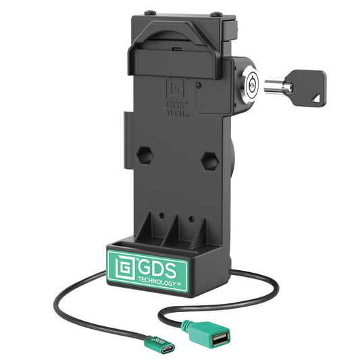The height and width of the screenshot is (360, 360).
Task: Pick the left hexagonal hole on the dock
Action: (145, 154)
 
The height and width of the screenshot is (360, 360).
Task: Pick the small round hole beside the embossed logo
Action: (197, 86)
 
